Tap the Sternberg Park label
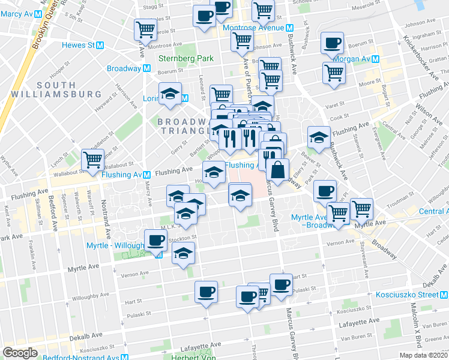186,58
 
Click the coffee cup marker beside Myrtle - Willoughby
156,241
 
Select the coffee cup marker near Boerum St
332,43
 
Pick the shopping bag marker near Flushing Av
277,169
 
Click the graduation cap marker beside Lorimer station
170,94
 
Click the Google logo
20,352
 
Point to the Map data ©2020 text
424,355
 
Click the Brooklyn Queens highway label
36,36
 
